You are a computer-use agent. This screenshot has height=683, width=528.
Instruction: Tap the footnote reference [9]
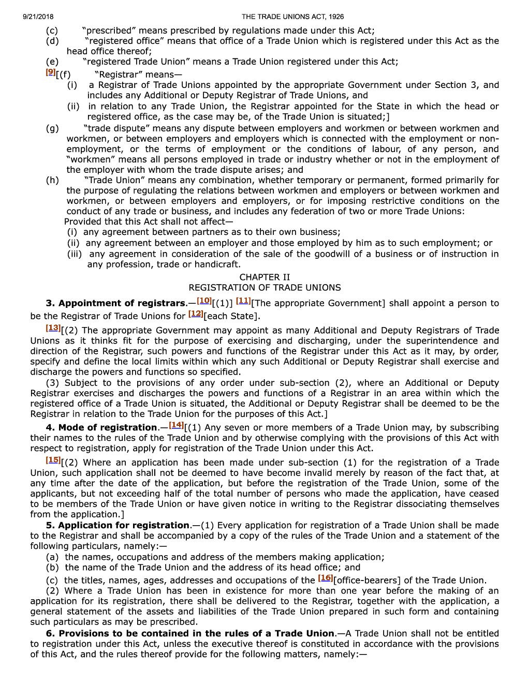click(x=50, y=72)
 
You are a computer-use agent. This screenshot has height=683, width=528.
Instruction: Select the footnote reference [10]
click(x=204, y=301)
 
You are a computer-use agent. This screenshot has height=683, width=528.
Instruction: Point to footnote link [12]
click(x=196, y=314)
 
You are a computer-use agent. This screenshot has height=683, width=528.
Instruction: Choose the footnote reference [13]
click(x=53, y=328)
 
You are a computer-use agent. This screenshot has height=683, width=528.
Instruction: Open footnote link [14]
click(x=176, y=425)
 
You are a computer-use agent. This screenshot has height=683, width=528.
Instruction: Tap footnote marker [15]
click(x=53, y=459)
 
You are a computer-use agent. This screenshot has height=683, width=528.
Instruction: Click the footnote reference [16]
click(x=325, y=577)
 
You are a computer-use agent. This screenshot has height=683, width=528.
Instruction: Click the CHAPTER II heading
click(x=265, y=277)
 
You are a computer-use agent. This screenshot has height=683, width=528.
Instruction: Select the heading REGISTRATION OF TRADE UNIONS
click(x=265, y=288)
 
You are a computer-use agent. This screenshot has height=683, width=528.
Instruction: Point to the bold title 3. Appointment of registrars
click(x=115, y=303)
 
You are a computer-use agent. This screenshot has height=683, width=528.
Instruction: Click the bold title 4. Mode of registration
click(x=101, y=427)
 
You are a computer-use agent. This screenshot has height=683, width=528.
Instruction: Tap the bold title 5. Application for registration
click(x=118, y=525)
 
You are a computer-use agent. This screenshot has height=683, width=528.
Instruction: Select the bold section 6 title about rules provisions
click(x=190, y=633)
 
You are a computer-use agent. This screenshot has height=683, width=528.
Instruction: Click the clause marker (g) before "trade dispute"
click(x=52, y=128)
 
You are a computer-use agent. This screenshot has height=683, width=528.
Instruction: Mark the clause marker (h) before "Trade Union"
click(x=52, y=180)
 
